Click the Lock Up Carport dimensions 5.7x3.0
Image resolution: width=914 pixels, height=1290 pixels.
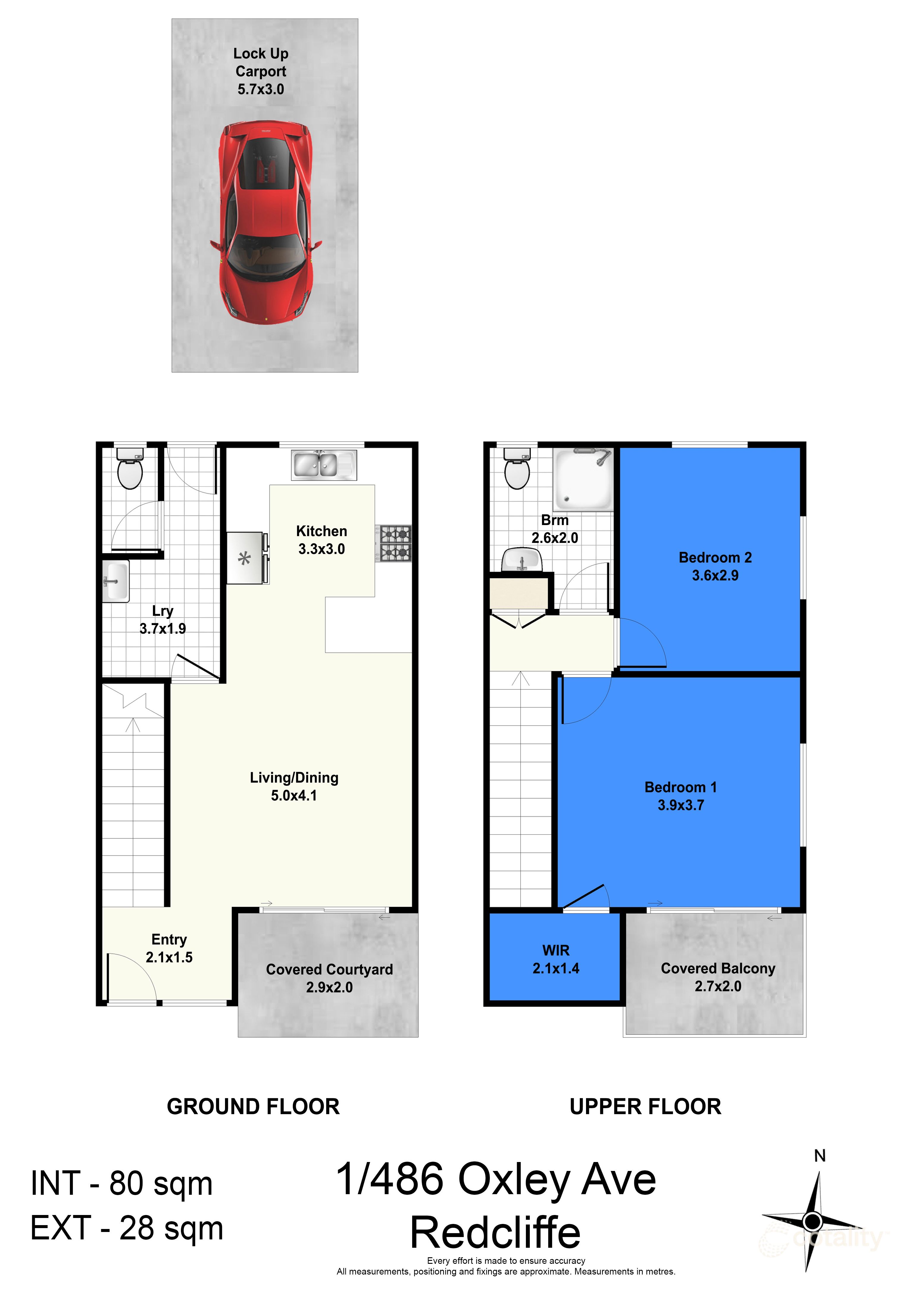pos(261,89)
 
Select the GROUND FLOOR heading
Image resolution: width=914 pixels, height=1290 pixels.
pos(253,1107)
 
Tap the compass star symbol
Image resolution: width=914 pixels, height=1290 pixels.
pos(812,1221)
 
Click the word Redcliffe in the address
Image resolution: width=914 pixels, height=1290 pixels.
pos(495,1233)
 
